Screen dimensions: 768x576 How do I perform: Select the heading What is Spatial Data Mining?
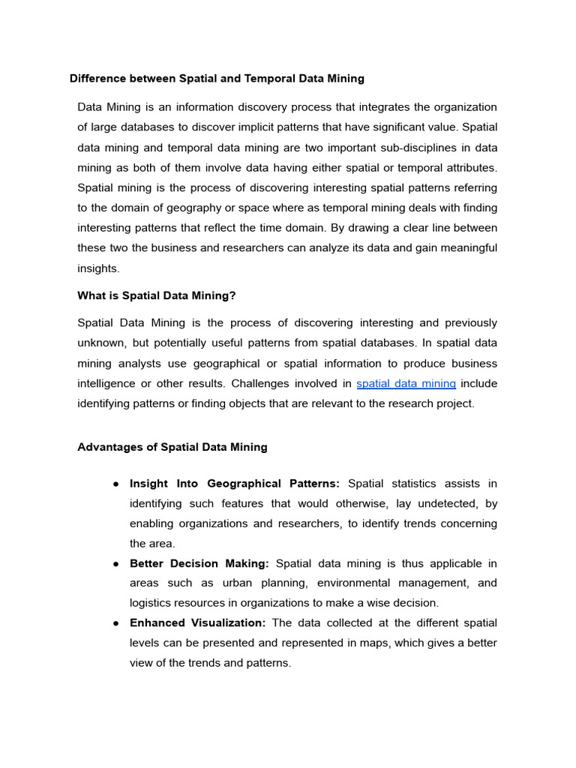(x=156, y=295)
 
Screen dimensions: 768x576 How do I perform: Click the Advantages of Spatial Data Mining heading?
(x=172, y=447)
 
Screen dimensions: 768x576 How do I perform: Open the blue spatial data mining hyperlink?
(x=406, y=383)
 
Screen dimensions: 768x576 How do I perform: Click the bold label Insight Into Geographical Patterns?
(x=234, y=484)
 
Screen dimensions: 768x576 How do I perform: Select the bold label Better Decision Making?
(x=199, y=563)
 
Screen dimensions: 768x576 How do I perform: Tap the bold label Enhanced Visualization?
(x=197, y=623)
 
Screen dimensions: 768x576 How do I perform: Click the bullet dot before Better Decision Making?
(x=116, y=564)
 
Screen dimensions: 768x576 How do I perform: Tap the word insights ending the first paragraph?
(x=97, y=268)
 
